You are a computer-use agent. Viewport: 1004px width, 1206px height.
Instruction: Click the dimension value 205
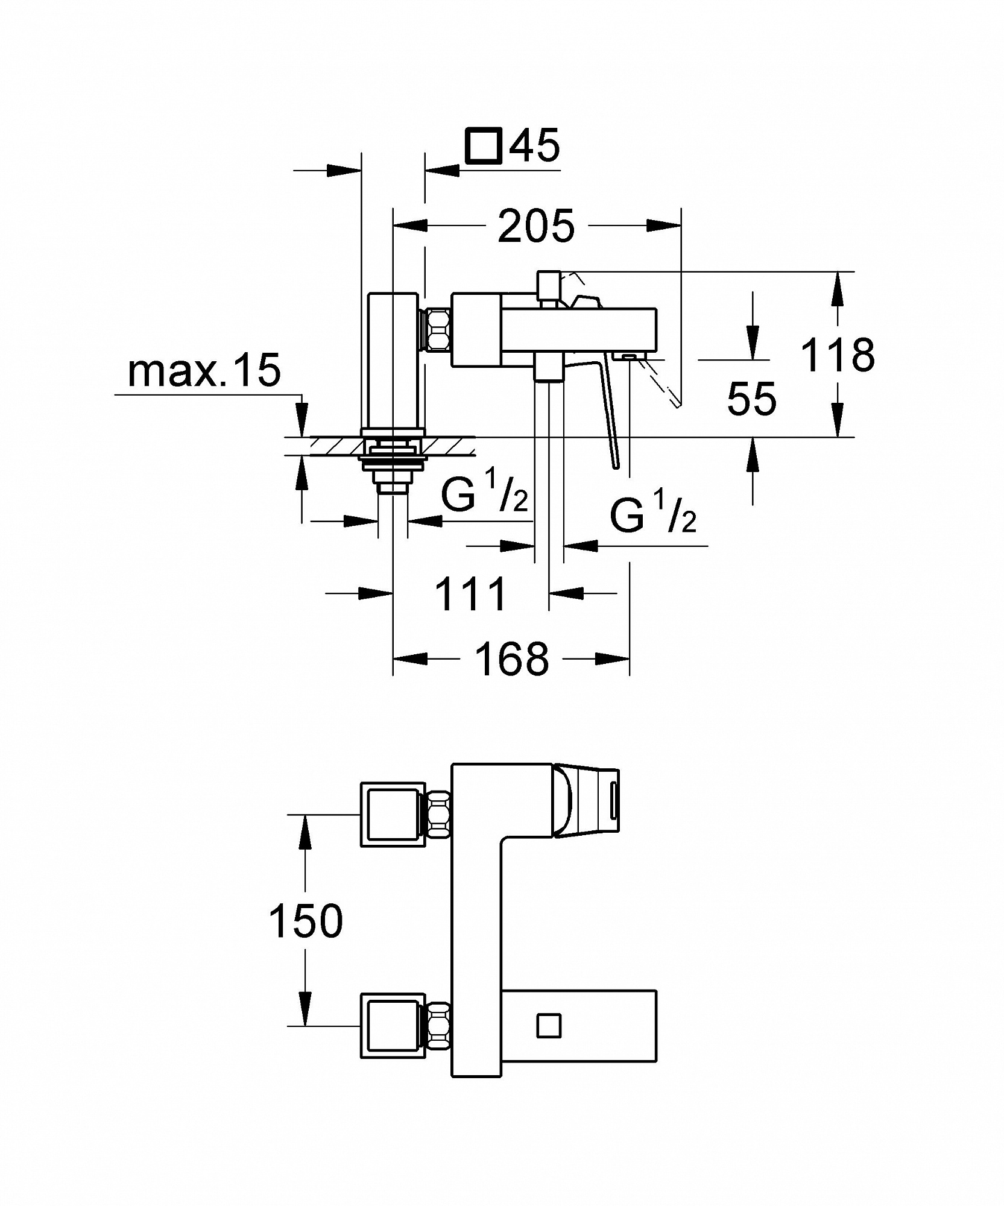point(535,226)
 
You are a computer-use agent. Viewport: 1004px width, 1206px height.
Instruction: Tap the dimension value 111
point(470,594)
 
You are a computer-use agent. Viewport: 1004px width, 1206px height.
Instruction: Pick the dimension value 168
point(512,658)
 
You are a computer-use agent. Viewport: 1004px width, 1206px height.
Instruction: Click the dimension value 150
point(306,921)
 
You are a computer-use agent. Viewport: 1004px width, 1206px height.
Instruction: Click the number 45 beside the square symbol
point(534,144)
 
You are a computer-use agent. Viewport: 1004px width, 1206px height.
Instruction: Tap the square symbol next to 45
point(484,145)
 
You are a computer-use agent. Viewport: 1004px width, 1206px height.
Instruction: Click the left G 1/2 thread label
point(485,494)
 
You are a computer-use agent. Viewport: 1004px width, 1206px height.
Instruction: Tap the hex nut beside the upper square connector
point(438,815)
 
